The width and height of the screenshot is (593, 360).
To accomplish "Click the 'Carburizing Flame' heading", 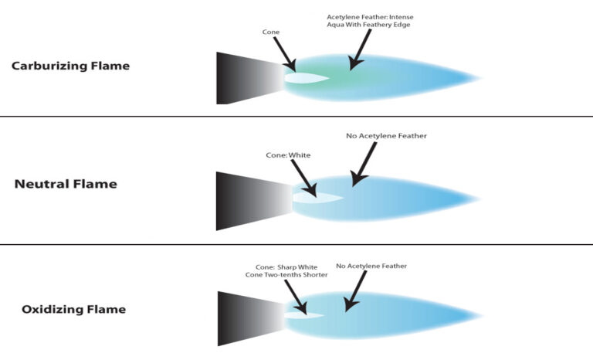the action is coord(70,66).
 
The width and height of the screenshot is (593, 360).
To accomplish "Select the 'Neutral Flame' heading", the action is coord(66,184).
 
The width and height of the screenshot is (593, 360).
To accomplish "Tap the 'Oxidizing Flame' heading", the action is coord(74,309).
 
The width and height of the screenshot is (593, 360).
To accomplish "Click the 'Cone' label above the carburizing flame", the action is coord(271,32).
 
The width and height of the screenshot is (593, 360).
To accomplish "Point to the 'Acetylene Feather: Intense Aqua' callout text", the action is coord(371,21).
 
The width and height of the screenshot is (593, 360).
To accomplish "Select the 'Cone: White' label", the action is coord(288,155).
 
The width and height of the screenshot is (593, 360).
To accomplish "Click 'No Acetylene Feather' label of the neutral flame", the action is coord(386,136).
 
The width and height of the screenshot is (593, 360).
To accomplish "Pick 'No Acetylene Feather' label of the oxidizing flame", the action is coord(371,266).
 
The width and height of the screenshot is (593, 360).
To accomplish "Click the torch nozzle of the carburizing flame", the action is coord(250,78).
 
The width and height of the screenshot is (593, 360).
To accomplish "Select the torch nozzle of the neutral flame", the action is coord(254,201).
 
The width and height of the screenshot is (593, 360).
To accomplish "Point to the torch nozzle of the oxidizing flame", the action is coord(252,318).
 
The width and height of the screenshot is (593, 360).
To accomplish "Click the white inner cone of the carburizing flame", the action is coord(306,78).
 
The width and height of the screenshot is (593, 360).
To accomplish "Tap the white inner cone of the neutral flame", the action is coord(317,198).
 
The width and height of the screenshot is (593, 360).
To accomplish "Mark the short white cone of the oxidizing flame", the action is coord(304,315).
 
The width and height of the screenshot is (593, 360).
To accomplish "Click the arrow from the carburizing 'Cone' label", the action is coord(284,53).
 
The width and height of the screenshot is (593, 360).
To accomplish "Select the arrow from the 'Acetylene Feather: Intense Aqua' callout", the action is coord(360,49).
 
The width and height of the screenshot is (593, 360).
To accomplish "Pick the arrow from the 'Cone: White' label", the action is coord(303,178).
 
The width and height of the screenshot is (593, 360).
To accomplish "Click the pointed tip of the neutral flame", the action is coord(480,199).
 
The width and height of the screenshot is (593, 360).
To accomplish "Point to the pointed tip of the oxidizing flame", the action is coord(483,315).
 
